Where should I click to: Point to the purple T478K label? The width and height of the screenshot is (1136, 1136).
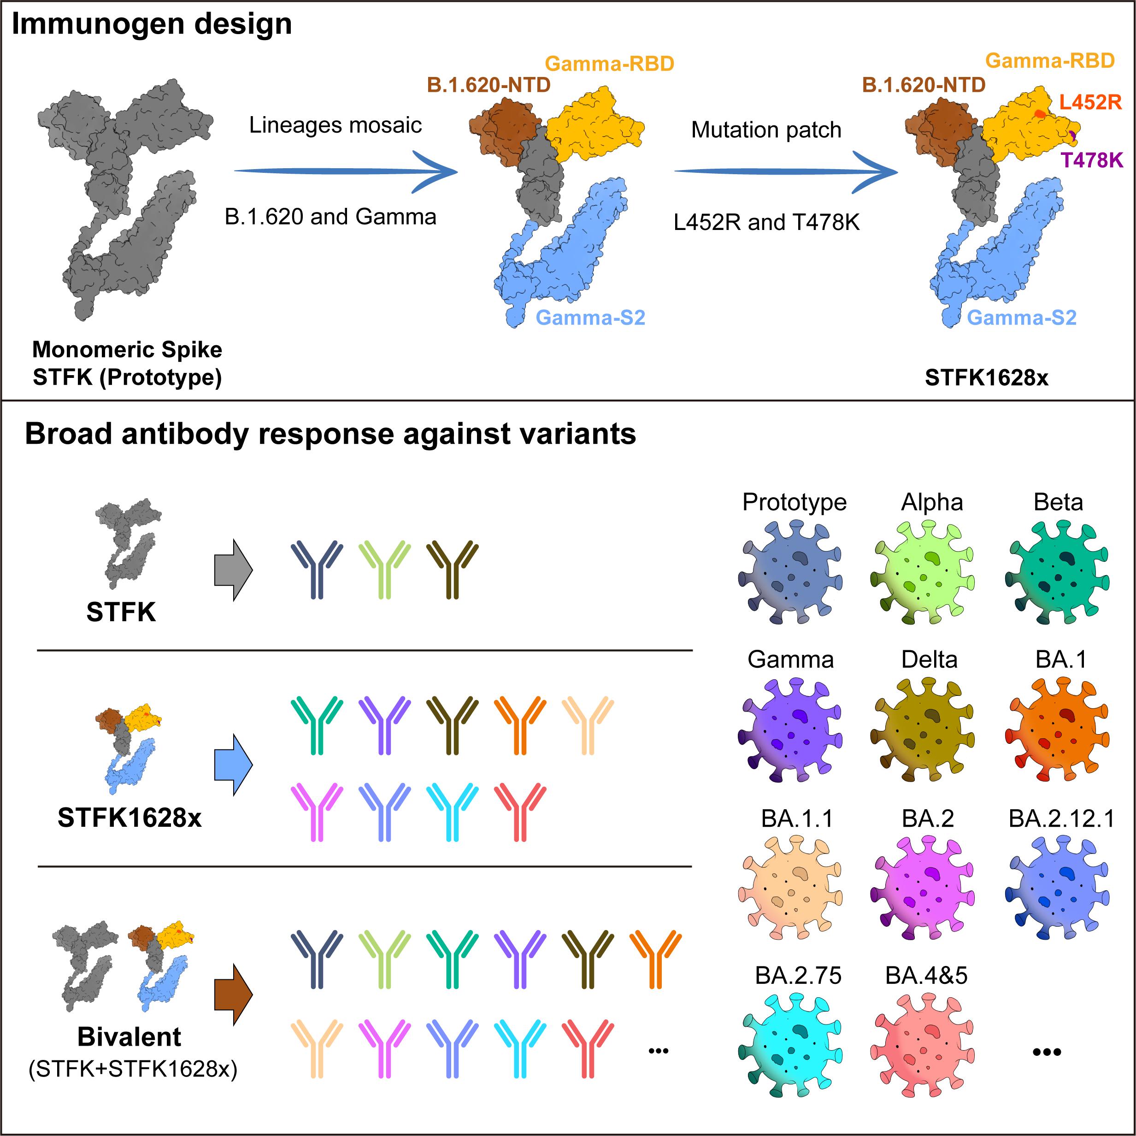[x=1091, y=159]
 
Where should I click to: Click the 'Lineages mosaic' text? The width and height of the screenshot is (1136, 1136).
[x=335, y=124]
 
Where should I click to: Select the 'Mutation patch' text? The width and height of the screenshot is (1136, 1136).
[x=765, y=129]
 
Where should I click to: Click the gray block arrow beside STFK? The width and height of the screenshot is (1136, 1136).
[x=234, y=570]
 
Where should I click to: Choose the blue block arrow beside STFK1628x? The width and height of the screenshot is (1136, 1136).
[x=234, y=765]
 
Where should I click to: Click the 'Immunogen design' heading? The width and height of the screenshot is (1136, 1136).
[x=152, y=25]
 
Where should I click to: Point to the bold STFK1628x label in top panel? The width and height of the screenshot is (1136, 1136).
[x=986, y=377]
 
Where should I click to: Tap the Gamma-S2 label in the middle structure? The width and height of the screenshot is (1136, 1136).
[x=590, y=318]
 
